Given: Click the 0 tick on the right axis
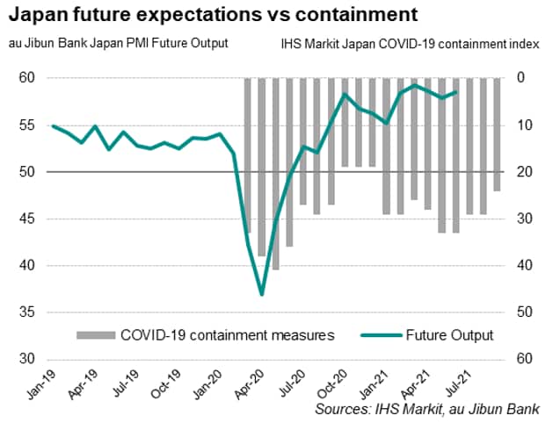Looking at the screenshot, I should [519, 78].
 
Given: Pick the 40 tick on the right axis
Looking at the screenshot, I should [521, 266].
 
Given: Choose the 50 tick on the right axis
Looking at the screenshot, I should [521, 312].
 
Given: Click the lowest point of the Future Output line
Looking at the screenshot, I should [261, 294].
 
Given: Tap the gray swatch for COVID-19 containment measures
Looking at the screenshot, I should [96, 334].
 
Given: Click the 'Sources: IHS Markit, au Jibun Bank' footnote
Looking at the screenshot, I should [429, 409].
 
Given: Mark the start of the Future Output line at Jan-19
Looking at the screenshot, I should [54, 125].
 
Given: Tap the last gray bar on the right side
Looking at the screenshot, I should [497, 134].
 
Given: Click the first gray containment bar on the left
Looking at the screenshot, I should [248, 155].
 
